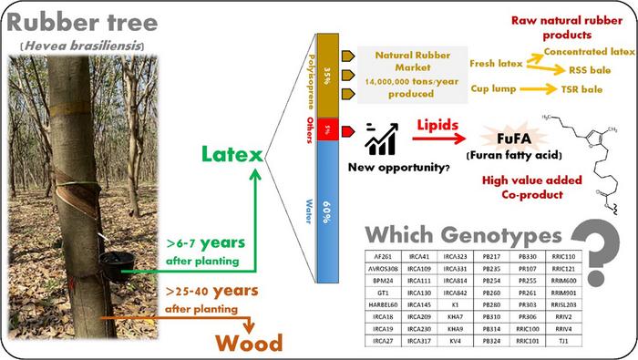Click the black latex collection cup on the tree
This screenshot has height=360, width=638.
(116, 265)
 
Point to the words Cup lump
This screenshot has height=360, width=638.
(496, 88)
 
